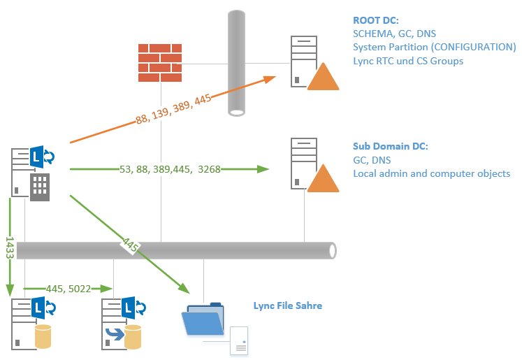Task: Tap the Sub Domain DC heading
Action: [390, 146]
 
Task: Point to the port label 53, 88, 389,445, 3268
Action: [166, 168]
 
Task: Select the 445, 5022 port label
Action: [68, 288]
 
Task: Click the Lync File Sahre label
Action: [288, 306]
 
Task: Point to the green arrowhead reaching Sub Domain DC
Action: [263, 168]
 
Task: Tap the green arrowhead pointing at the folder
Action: [183, 287]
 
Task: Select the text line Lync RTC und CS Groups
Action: [408, 61]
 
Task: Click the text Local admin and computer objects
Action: [431, 173]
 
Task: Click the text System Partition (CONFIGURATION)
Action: [434, 47]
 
